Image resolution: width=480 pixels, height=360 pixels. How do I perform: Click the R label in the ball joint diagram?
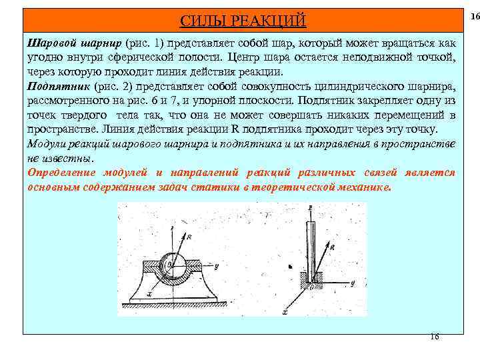[x=190, y=236]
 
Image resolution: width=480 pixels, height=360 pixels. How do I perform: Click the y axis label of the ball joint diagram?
[x=217, y=267]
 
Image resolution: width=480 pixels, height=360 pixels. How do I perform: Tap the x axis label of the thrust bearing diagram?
[x=285, y=311]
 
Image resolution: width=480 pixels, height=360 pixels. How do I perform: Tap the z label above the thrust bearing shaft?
[x=309, y=207]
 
